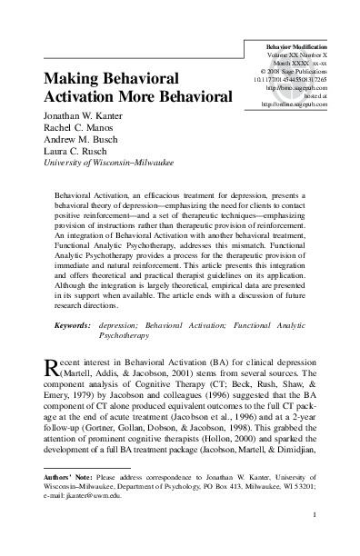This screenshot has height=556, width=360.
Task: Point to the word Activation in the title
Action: [86, 97]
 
